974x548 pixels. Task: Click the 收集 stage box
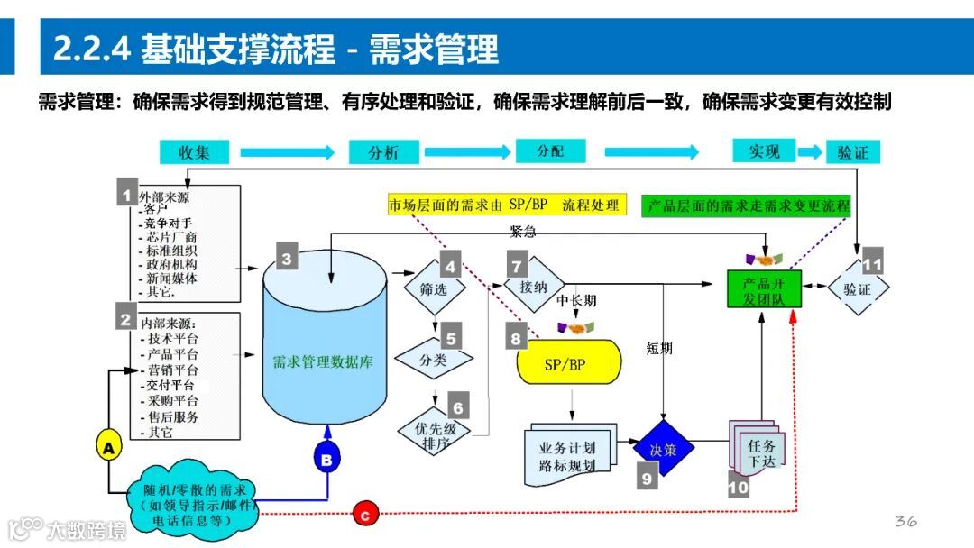tap(194, 151)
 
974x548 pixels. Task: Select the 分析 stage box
tap(383, 151)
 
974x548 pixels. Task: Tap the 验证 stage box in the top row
tap(852, 151)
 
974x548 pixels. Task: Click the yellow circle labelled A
tap(108, 446)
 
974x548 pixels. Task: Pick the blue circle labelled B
tap(326, 459)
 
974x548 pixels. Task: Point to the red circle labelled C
tap(364, 516)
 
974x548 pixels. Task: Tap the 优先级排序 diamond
tap(436, 435)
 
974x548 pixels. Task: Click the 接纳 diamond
tap(533, 286)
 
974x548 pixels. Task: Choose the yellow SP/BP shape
tap(569, 362)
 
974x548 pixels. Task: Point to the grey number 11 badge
tap(872, 262)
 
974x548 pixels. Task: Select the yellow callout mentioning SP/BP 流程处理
tap(506, 205)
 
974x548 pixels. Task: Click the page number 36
tap(905, 521)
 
